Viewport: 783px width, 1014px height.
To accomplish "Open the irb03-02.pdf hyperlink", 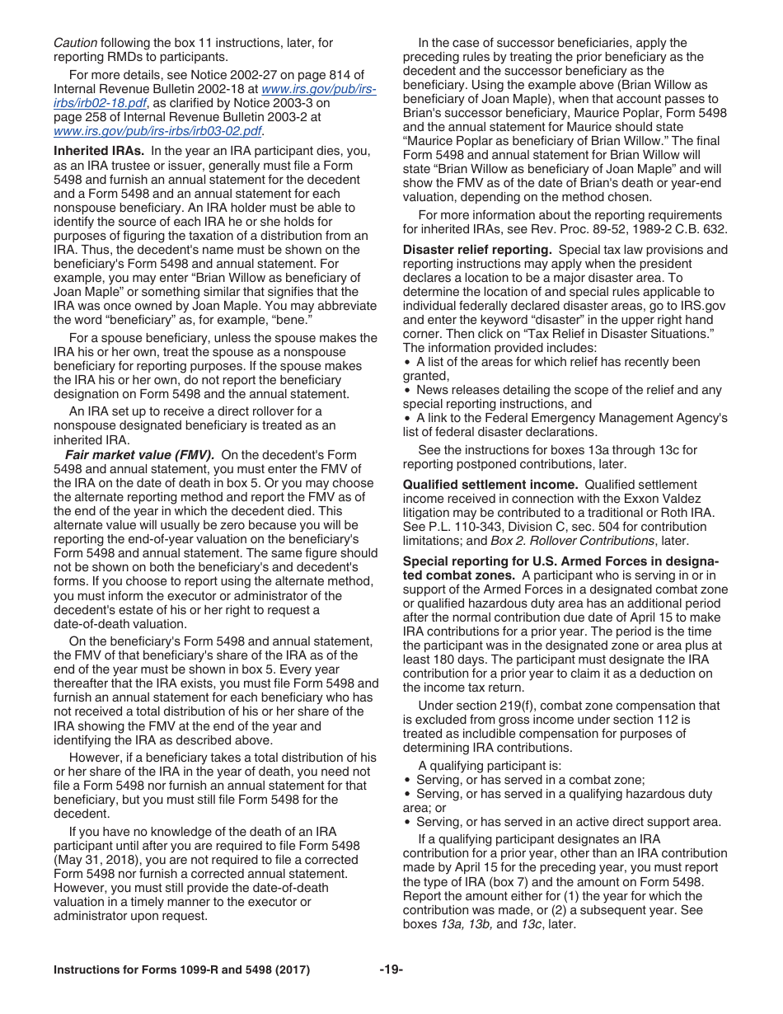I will coord(157,131).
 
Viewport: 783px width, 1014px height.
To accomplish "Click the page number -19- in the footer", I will coord(391,970).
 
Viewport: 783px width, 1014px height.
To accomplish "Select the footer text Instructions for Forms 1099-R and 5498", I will coord(181,970).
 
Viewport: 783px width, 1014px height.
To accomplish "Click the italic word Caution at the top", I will coord(75,43).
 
